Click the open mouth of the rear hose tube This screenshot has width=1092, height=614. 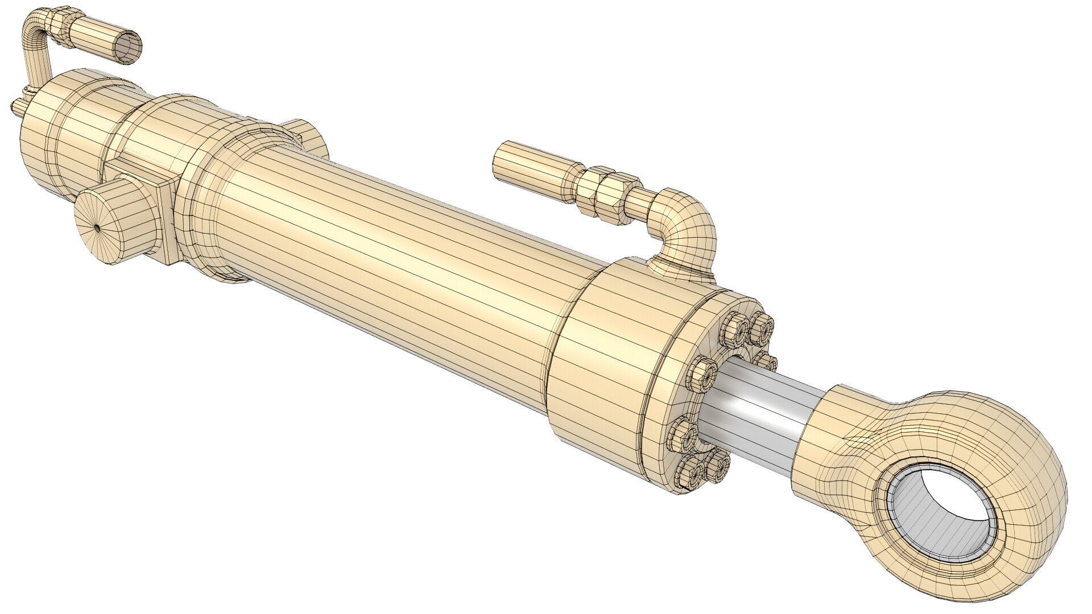coord(127,48)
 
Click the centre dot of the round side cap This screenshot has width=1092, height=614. coord(97,227)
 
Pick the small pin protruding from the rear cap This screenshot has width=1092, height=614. coord(16,106)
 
